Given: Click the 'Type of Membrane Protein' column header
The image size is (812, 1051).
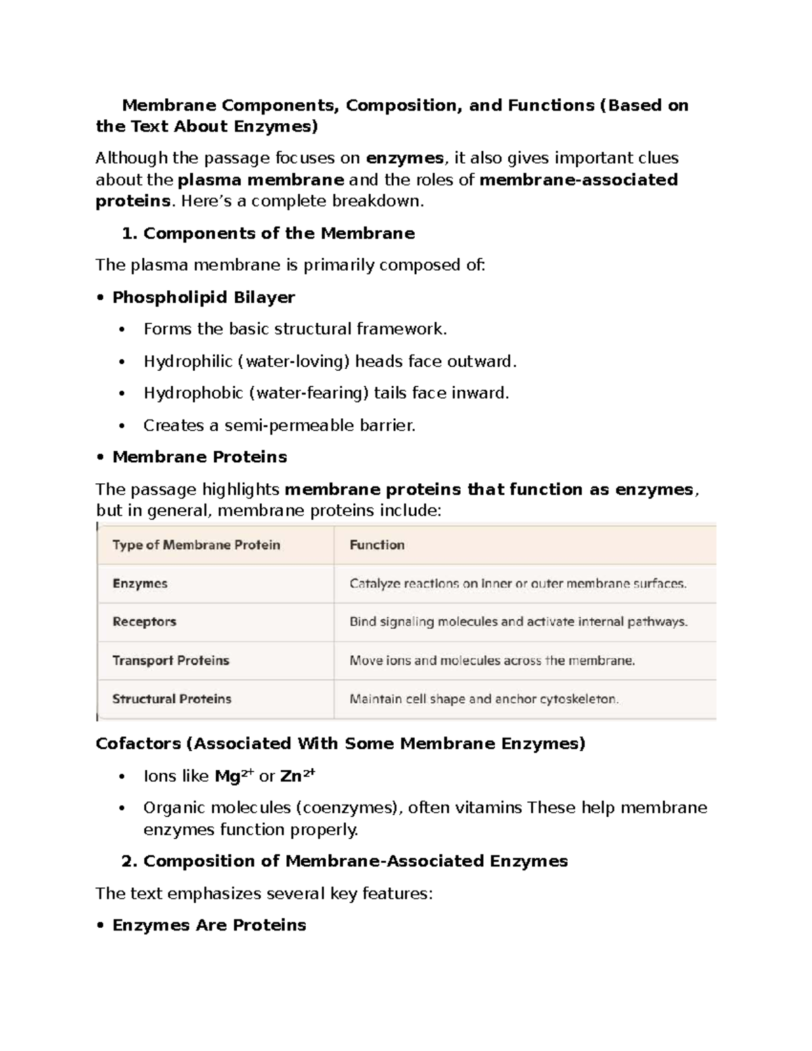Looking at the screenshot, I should pyautogui.click(x=196, y=545).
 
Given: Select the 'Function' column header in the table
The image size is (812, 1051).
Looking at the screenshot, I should pyautogui.click(x=377, y=545).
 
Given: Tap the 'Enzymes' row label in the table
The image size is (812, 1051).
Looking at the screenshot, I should pyautogui.click(x=140, y=583).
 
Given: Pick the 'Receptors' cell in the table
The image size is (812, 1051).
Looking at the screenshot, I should pyautogui.click(x=144, y=621).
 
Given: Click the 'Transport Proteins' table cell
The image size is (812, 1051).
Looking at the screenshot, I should pyautogui.click(x=171, y=660).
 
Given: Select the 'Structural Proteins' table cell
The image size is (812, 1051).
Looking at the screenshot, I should pyautogui.click(x=172, y=698).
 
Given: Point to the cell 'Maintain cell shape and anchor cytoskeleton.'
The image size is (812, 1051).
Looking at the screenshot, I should pyautogui.click(x=484, y=699).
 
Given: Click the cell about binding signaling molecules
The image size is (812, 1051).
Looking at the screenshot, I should pyautogui.click(x=518, y=621).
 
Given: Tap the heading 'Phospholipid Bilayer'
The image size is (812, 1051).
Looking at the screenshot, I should pyautogui.click(x=203, y=297).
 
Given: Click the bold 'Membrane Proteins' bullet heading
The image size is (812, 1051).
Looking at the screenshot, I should pyautogui.click(x=200, y=457).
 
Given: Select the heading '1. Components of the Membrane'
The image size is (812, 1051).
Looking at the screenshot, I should pyautogui.click(x=268, y=233).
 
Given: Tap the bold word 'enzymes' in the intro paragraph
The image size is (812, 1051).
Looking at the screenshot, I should pyautogui.click(x=405, y=158).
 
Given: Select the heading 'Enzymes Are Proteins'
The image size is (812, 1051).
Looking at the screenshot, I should pyautogui.click(x=209, y=925).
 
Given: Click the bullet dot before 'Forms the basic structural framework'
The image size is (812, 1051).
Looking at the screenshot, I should pyautogui.click(x=122, y=330).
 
